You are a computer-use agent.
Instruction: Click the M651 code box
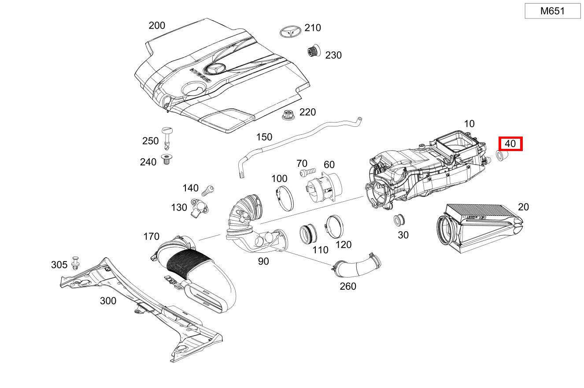tap(553, 11)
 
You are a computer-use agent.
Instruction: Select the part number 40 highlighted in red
tap(510, 144)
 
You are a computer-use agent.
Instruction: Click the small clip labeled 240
tap(167, 160)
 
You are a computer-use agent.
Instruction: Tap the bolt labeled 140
tap(207, 191)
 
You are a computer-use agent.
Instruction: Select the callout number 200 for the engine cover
tap(157, 26)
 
